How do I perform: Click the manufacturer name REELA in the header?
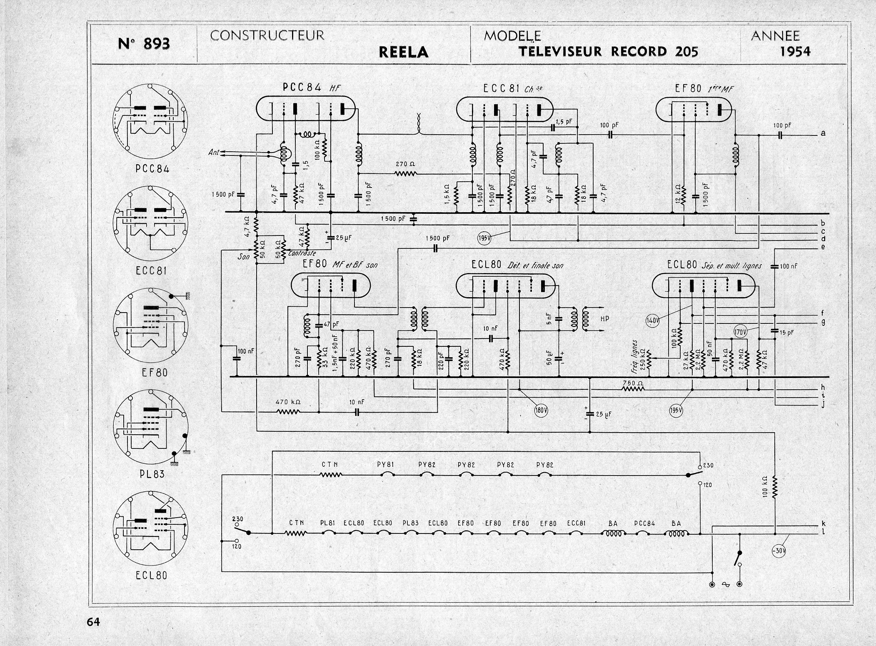tap(403, 52)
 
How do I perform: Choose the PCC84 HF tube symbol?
tap(306, 109)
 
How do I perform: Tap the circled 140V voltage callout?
tap(652, 320)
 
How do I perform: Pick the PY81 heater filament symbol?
tap(388, 474)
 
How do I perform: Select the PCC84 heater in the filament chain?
tap(643, 533)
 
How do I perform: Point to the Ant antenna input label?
tap(214, 153)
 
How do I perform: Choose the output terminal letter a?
tap(823, 133)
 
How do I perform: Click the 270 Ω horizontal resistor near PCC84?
tap(405, 174)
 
